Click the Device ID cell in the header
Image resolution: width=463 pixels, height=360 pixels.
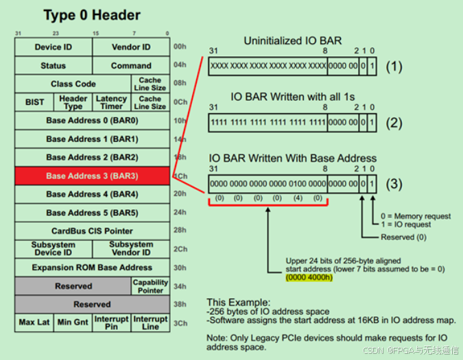(53, 47)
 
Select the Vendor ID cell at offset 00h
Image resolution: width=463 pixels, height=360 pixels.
(131, 47)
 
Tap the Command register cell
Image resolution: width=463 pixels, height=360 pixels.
(131, 66)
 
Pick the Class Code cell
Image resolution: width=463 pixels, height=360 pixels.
(73, 84)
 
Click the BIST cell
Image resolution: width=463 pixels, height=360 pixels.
(34, 102)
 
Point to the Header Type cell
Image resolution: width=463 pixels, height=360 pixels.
(73, 102)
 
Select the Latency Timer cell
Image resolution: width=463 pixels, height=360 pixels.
(111, 102)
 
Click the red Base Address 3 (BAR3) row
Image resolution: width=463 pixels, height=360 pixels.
(92, 176)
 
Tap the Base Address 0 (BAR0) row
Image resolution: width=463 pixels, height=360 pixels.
(92, 121)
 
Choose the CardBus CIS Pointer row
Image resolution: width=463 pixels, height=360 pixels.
(92, 231)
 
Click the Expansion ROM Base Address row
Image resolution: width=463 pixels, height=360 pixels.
(92, 267)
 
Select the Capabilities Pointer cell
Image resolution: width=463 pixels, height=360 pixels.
(150, 286)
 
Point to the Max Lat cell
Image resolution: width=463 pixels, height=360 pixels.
(34, 323)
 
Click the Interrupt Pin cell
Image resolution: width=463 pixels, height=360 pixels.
(111, 323)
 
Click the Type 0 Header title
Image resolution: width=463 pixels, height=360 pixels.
(92, 15)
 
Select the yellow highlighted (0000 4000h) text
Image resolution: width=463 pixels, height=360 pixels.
(310, 278)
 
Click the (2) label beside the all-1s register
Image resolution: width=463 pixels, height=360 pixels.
(393, 124)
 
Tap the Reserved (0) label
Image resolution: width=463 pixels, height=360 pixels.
(404, 237)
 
